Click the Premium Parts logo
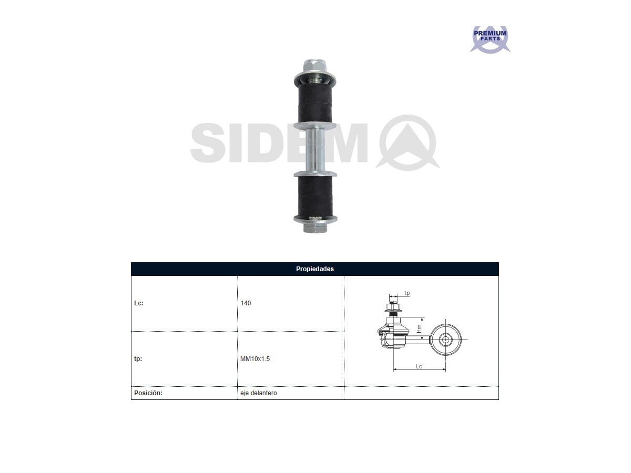[x=490, y=39]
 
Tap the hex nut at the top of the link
[x=314, y=66]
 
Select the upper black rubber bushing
[x=314, y=104]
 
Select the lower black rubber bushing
[x=315, y=196]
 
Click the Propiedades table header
[x=315, y=269]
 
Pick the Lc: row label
[x=139, y=303]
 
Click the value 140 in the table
[x=246, y=303]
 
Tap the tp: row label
[x=138, y=359]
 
